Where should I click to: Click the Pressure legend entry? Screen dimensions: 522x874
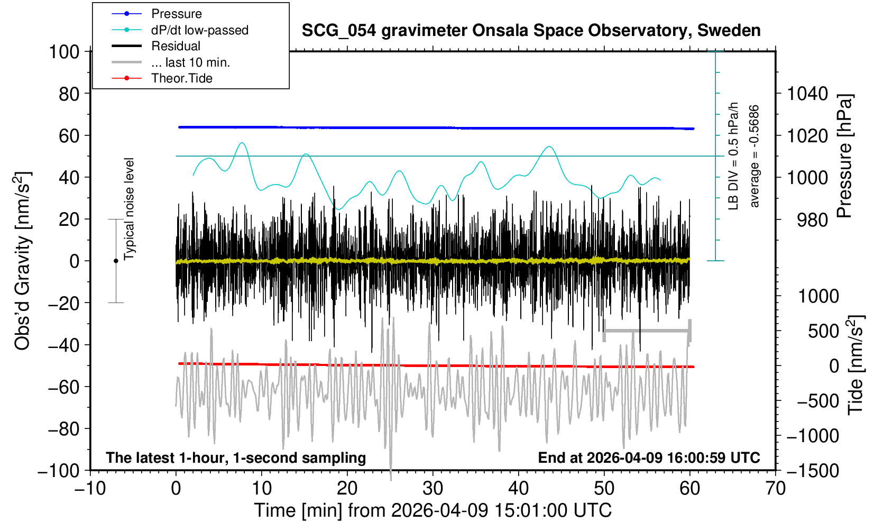tap(176, 14)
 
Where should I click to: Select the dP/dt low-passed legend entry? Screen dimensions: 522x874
tap(199, 30)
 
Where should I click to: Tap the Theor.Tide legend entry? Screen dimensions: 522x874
tap(181, 78)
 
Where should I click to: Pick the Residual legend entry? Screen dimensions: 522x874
tap(176, 46)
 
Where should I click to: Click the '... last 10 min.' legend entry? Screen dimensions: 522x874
tap(190, 62)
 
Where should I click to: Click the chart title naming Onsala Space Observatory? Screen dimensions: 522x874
tap(531, 31)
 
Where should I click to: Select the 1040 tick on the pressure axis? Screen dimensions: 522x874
tap(807, 94)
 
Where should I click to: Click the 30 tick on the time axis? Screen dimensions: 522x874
tap(433, 488)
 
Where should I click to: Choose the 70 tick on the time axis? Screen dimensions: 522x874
tap(776, 488)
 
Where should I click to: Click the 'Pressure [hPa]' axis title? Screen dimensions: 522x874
tap(845, 157)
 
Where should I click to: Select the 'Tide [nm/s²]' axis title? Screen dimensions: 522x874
tap(855, 365)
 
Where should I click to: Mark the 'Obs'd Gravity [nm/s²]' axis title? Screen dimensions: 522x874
tap(23, 261)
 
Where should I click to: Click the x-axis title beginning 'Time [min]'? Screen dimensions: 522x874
tap(433, 510)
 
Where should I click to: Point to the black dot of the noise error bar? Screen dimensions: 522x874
tap(116, 261)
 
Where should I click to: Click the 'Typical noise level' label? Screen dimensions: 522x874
tap(129, 209)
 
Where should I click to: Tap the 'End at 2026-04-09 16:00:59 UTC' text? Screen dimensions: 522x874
tap(649, 457)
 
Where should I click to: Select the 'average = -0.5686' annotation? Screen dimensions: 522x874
tap(755, 157)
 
